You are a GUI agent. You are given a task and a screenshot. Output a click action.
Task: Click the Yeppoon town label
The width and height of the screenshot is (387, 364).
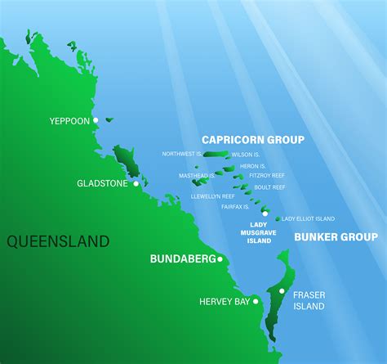(x=69, y=120)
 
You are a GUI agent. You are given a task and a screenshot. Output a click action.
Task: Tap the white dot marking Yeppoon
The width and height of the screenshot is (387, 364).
(x=96, y=120)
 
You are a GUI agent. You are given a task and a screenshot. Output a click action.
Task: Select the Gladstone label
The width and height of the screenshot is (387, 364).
(x=102, y=183)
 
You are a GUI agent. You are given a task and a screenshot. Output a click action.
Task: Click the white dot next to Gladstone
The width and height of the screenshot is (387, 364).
(x=136, y=183)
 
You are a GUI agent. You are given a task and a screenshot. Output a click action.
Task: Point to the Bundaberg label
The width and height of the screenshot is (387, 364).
(x=182, y=258)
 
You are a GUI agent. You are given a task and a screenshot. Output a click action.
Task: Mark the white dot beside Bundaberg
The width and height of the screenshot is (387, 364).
(x=220, y=259)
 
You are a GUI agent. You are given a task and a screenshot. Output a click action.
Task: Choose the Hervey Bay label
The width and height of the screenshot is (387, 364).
(x=225, y=302)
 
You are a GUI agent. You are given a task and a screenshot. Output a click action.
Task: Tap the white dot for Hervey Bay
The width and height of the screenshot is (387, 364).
(x=256, y=301)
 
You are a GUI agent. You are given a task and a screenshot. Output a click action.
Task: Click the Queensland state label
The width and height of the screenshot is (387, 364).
(x=57, y=240)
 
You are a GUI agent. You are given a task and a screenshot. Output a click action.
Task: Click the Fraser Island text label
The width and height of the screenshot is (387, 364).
(x=310, y=300)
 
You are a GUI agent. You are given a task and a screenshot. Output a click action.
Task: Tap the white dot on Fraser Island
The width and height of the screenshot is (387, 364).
(x=281, y=290)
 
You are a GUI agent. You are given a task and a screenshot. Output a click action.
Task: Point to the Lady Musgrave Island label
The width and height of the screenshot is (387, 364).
(x=259, y=233)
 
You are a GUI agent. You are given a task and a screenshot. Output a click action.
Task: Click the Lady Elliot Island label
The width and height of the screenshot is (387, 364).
(x=308, y=219)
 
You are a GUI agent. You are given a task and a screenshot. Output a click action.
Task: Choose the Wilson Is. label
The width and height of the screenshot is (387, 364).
(x=246, y=154)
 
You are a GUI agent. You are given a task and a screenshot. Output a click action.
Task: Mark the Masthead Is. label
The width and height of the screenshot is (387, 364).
(x=197, y=175)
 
